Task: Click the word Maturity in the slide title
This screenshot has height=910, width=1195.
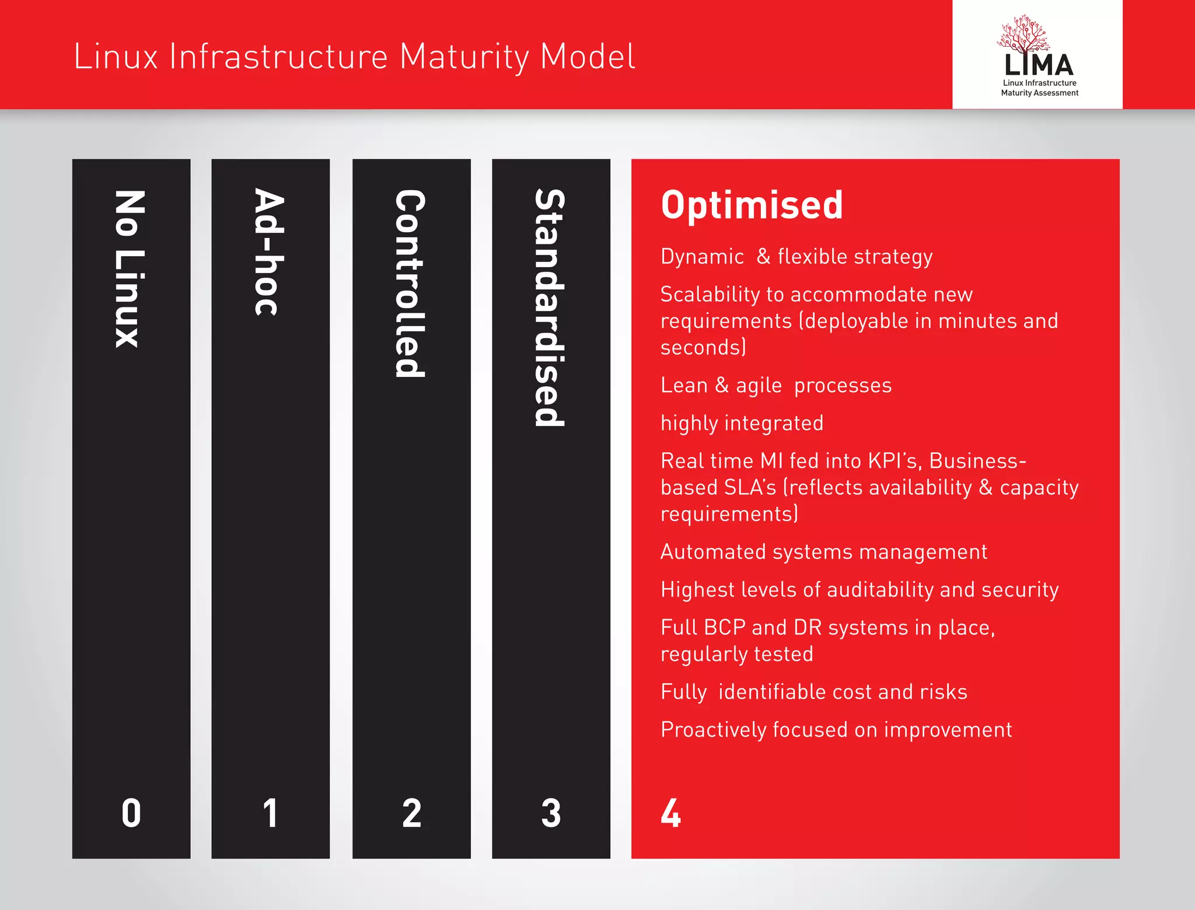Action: click(x=463, y=57)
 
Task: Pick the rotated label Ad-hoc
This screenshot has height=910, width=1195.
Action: click(x=270, y=252)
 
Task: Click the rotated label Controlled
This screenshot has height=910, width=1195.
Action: click(x=410, y=283)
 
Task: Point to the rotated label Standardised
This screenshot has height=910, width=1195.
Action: click(x=550, y=307)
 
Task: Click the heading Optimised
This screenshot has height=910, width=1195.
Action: click(x=752, y=205)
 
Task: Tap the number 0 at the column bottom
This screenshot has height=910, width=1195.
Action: click(x=131, y=813)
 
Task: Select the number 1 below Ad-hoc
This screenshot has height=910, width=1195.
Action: click(x=270, y=813)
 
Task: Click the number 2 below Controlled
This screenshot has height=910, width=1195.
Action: click(x=411, y=813)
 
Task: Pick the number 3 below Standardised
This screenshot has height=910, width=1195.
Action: click(x=551, y=813)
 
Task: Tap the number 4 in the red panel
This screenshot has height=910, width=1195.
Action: click(x=671, y=813)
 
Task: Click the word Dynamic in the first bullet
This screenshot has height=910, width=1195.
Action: click(x=702, y=257)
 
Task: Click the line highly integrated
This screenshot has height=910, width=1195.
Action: click(x=742, y=423)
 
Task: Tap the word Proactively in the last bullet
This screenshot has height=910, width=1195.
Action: click(x=713, y=730)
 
